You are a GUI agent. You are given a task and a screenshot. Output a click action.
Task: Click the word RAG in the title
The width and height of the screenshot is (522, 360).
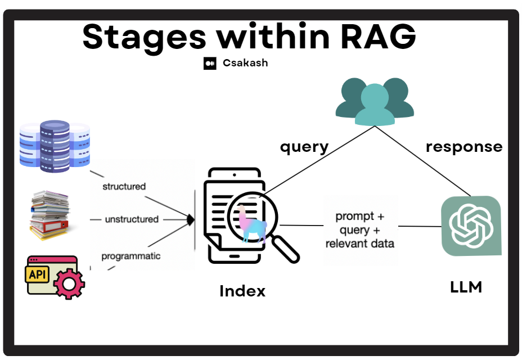(x=378, y=36)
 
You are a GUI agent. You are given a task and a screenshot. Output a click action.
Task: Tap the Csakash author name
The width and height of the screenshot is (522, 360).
(x=245, y=62)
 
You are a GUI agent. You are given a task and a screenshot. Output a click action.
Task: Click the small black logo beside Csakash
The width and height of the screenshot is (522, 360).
(x=210, y=63)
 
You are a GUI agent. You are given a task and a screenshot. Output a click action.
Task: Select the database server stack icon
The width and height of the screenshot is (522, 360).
(x=55, y=146)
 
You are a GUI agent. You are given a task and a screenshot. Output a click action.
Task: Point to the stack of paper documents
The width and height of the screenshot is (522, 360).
(x=49, y=215)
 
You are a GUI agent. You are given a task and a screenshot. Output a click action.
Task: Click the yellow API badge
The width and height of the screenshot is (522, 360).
(x=37, y=274)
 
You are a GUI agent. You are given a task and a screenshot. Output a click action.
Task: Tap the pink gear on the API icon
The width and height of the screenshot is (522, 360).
(x=69, y=283)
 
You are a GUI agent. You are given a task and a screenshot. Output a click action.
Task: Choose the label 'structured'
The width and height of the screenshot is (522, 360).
(x=124, y=187)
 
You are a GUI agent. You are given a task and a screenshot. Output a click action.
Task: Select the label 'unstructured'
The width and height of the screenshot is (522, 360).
(x=132, y=219)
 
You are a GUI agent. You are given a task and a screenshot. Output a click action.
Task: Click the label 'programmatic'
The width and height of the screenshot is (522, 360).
(x=131, y=256)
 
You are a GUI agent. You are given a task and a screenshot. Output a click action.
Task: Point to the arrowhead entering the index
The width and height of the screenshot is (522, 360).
(x=191, y=220)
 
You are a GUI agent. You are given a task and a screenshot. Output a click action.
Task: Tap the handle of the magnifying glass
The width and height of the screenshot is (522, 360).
(x=285, y=249)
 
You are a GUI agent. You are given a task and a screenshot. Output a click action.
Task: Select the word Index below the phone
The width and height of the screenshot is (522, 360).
(x=242, y=291)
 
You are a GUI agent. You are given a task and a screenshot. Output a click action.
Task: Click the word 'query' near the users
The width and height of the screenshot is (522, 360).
(x=304, y=147)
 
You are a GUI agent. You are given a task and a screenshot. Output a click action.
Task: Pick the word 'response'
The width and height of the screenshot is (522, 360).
(x=464, y=147)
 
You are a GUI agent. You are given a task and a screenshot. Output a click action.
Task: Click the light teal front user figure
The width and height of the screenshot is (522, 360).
(x=375, y=105)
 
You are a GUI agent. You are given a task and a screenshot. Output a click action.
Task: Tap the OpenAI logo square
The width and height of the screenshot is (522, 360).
(x=471, y=226)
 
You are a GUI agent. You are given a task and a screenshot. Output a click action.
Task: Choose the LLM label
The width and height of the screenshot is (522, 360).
(x=466, y=287)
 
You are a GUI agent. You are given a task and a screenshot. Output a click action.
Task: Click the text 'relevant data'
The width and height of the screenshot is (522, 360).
(x=360, y=244)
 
